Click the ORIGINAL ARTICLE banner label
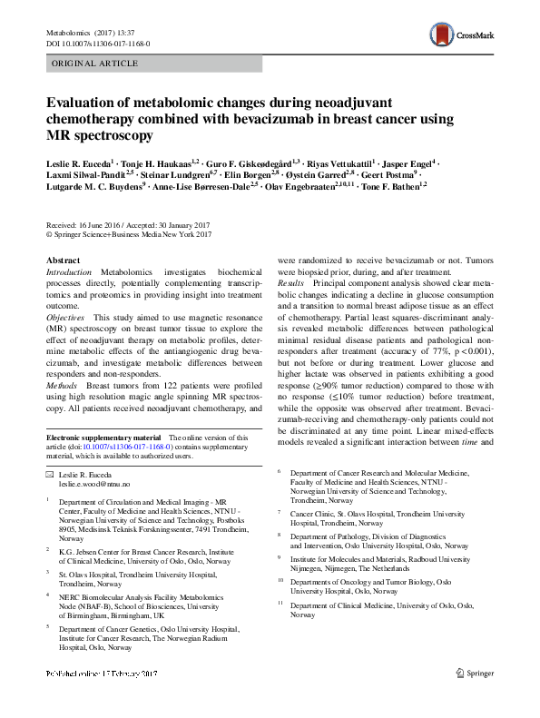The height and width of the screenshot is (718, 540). tap(95, 64)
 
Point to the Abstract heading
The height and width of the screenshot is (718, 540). tap(63, 261)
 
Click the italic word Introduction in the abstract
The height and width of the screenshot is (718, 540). tap(69, 272)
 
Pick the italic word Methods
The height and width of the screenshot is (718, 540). tap(62, 385)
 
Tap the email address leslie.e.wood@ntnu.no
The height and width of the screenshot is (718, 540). tap(95, 485)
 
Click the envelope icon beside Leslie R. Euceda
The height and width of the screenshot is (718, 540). tap(49, 475)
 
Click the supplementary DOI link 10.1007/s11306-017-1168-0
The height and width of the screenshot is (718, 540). tap(126, 447)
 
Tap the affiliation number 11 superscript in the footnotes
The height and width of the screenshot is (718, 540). tap(280, 604)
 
